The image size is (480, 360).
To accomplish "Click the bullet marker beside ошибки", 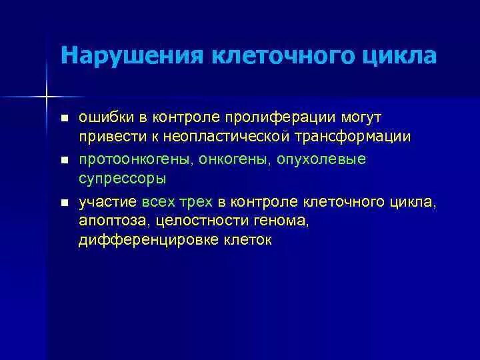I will [x=65, y=119].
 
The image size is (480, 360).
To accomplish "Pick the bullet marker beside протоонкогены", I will [x=65, y=161].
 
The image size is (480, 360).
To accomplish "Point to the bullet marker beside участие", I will [x=65, y=203].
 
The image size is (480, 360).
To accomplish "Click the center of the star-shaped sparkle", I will [x=47, y=98].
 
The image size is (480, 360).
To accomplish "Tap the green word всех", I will [x=160, y=202].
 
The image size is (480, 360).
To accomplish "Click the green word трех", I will [x=198, y=202].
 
